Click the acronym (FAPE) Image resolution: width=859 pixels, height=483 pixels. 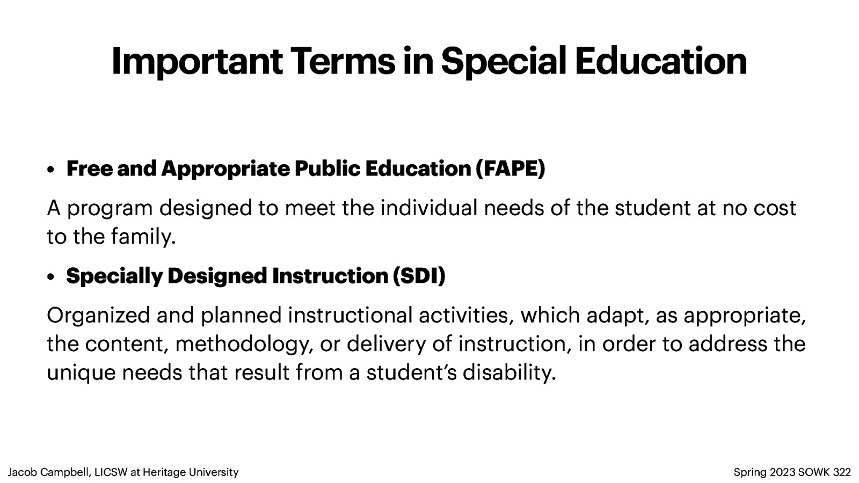click(510, 169)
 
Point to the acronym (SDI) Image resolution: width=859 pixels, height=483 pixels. click(419, 276)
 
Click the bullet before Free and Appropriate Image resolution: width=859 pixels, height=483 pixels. click(50, 170)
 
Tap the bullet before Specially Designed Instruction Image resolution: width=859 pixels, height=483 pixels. click(50, 277)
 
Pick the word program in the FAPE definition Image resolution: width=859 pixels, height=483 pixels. click(110, 208)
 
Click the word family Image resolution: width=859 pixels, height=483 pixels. click(143, 237)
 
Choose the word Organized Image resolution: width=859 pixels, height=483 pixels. click(98, 315)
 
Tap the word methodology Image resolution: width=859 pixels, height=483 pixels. click(244, 344)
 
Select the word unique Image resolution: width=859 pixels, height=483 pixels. click(81, 372)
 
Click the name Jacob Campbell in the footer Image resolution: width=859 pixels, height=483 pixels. click(49, 472)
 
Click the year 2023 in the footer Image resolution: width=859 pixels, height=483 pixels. click(782, 472)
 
